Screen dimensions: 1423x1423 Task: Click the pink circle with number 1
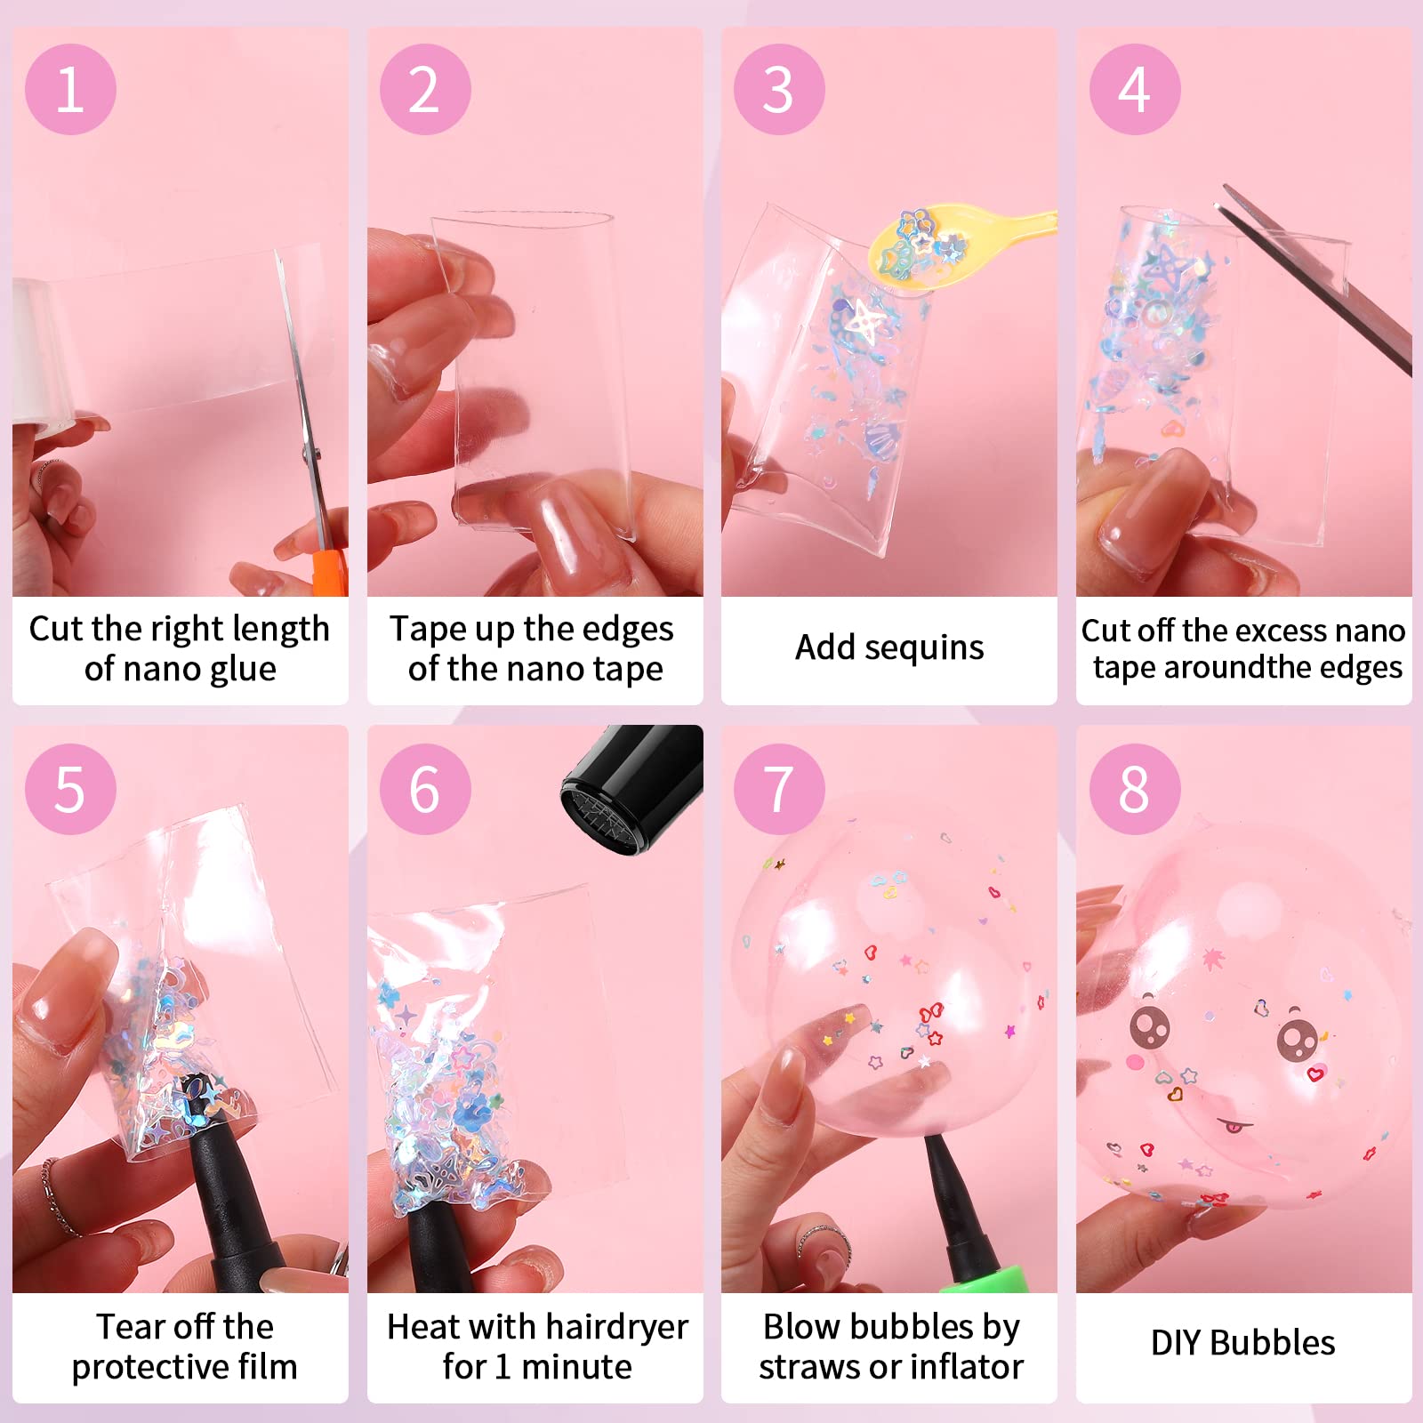[x=70, y=89]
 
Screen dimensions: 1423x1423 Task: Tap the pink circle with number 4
[x=1135, y=89]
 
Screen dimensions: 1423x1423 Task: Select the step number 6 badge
[x=425, y=789]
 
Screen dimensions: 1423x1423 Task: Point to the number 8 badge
[x=1135, y=789]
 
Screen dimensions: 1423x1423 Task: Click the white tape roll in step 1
[x=41, y=356]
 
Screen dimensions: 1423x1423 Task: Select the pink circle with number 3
[x=779, y=89]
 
